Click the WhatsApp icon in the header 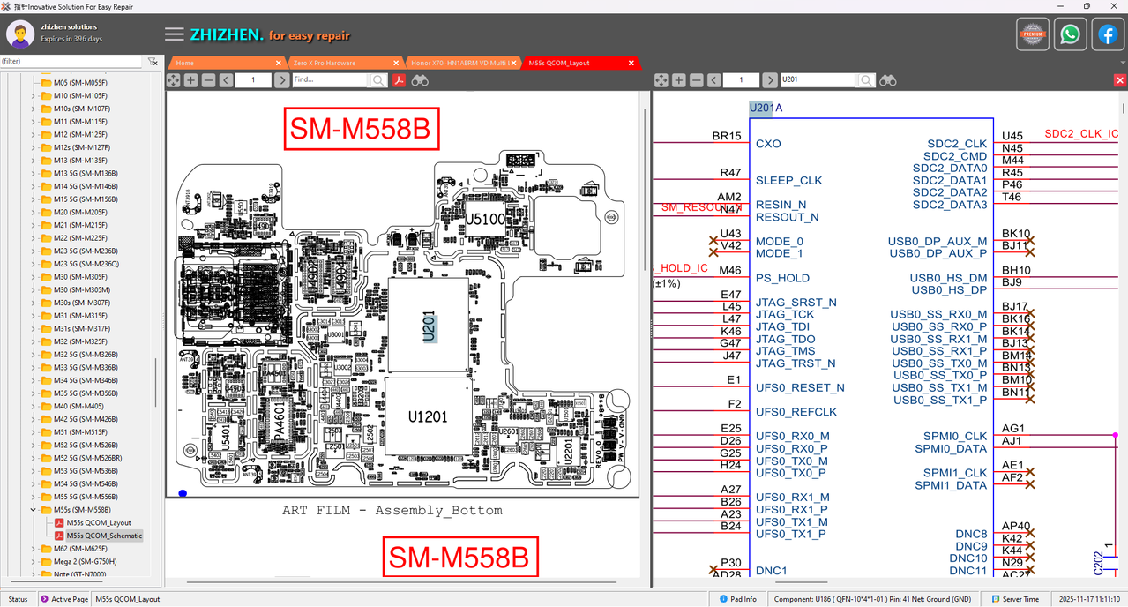tap(1070, 34)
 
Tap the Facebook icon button tap(1108, 34)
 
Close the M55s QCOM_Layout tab tap(631, 63)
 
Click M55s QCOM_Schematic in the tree tap(104, 536)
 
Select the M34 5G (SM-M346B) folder tap(86, 380)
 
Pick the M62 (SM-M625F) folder tap(80, 549)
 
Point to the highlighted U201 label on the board tap(430, 326)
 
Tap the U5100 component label tap(486, 219)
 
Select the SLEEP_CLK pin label tap(788, 180)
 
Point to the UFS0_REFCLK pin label tap(796, 412)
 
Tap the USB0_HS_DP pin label tap(948, 289)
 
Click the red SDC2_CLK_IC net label tap(1081, 134)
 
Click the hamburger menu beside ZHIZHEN tap(175, 34)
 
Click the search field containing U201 tap(817, 80)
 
